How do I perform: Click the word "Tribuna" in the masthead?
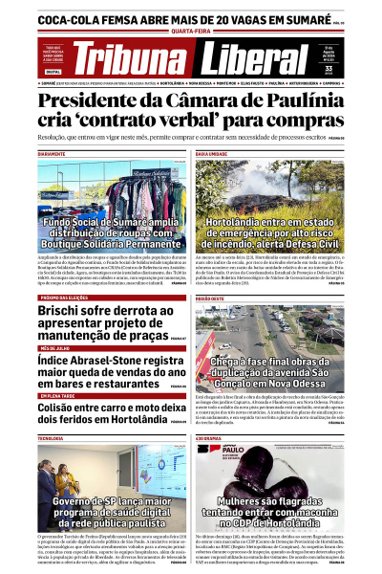point(131,59)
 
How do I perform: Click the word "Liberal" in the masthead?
point(235,59)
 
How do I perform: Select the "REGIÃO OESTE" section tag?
point(211,298)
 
